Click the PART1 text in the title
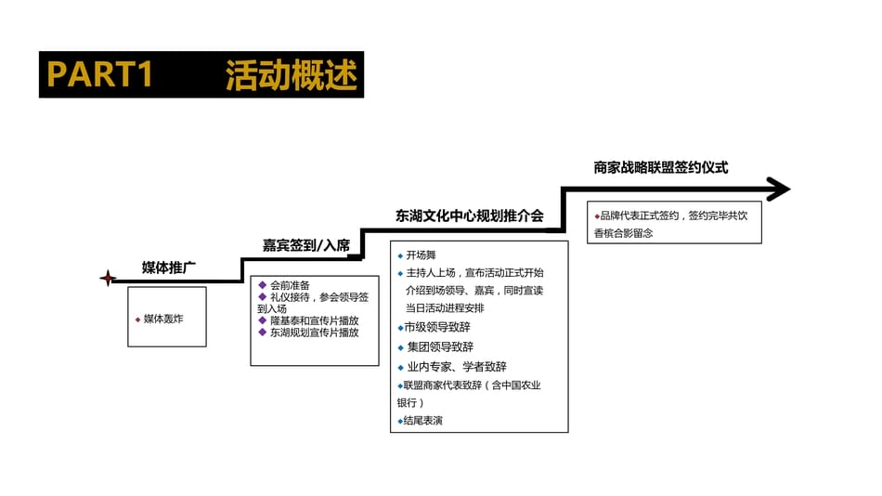99,73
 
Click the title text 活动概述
292,75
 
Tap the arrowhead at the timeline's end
779,189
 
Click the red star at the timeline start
108,278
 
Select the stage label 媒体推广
168,268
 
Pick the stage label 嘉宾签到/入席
306,245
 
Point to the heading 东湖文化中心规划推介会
469,215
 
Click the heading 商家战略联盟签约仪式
660,167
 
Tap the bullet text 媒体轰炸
163,319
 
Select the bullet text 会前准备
290,285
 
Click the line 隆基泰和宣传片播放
314,320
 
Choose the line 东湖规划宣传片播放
314,333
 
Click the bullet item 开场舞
421,255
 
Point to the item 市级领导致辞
437,327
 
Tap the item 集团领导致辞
440,346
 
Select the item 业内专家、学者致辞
456,367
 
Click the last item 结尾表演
422,421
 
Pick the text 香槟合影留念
623,233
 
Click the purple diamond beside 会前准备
262,285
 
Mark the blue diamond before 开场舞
400,256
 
